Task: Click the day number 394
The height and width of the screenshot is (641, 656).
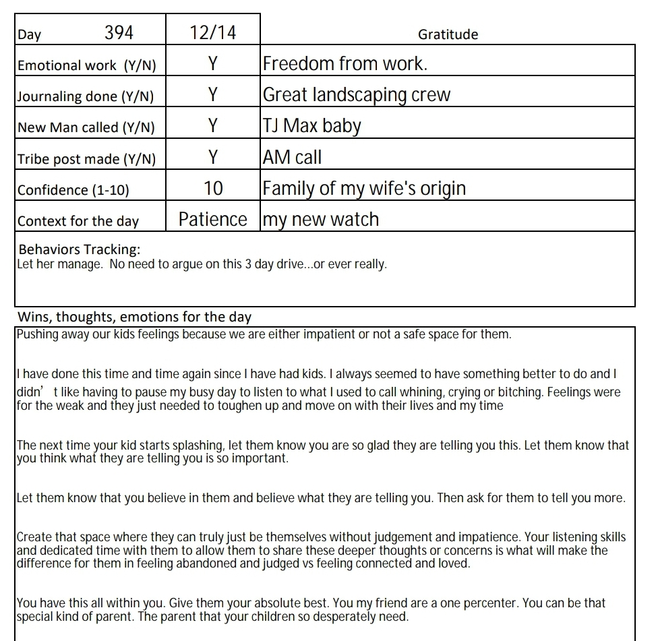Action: click(119, 32)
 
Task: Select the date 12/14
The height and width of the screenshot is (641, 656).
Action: click(213, 32)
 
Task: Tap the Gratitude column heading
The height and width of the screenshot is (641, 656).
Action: click(448, 34)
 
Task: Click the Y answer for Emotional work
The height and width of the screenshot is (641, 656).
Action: click(213, 64)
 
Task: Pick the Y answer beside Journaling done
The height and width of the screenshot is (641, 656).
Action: click(213, 95)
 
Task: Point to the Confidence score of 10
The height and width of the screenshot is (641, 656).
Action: click(213, 189)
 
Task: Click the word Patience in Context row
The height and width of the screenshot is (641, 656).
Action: click(213, 220)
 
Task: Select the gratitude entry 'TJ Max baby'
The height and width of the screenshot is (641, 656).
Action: click(311, 126)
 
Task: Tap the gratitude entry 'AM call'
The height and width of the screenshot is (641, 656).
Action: click(292, 158)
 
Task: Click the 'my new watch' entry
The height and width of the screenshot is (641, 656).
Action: click(321, 220)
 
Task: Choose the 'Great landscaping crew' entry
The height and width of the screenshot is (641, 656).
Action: click(356, 95)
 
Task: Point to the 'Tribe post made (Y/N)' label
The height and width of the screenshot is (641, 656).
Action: click(86, 159)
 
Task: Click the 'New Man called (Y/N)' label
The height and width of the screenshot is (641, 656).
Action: click(86, 127)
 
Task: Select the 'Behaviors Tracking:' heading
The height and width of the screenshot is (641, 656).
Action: click(80, 249)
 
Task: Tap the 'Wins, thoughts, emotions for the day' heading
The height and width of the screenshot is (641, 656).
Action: click(134, 317)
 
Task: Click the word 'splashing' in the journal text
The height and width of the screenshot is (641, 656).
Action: click(158, 446)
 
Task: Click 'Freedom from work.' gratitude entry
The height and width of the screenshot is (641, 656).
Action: click(345, 64)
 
